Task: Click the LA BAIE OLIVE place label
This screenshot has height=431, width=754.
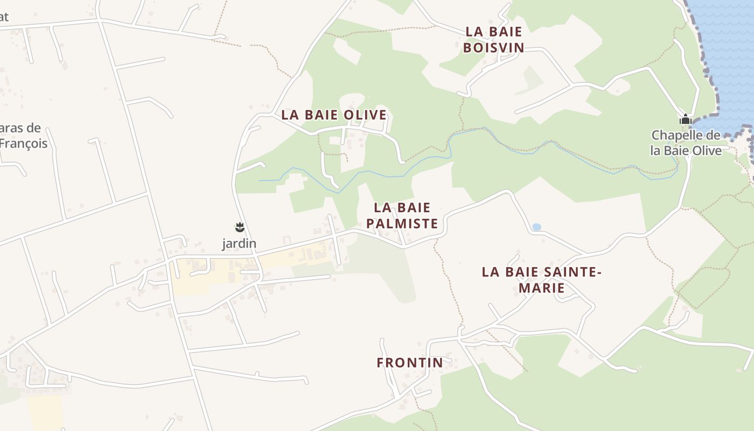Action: click(334, 115)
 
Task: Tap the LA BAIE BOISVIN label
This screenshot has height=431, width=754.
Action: click(493, 39)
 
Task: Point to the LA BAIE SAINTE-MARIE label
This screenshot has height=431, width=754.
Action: click(541, 280)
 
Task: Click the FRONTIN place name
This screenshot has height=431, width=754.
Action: click(410, 363)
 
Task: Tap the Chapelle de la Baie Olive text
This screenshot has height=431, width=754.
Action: click(686, 143)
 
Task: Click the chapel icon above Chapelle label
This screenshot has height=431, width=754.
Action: click(685, 119)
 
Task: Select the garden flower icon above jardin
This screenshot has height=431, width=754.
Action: click(240, 227)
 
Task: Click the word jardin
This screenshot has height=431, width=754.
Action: click(239, 244)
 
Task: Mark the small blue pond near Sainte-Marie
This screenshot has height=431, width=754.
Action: click(536, 227)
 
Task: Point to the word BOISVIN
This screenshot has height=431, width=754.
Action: click(493, 47)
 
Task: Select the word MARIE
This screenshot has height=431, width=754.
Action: click(541, 288)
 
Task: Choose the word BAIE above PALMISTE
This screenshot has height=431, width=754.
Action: click(415, 207)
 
